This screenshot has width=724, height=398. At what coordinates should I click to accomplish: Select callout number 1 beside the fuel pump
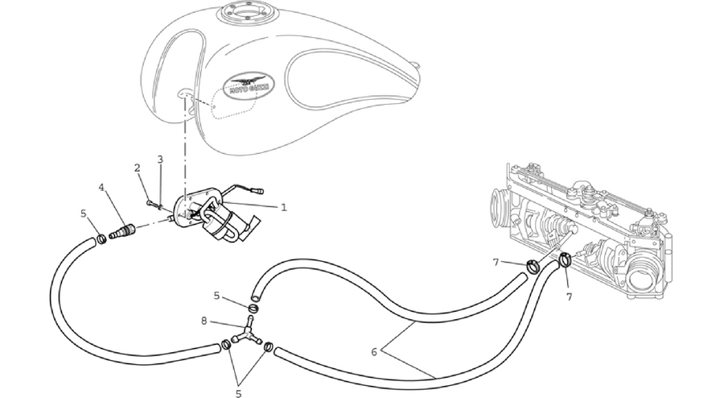click(283, 208)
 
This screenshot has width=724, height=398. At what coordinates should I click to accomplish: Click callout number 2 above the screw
click(137, 168)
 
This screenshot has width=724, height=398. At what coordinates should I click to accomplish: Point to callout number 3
click(160, 160)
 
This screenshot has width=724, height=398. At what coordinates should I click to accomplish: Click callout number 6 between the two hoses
click(374, 352)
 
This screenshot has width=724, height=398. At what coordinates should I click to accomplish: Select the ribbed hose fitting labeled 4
click(122, 231)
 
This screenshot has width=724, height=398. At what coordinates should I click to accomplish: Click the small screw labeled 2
click(151, 202)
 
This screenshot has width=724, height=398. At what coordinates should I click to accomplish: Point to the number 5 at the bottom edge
click(239, 393)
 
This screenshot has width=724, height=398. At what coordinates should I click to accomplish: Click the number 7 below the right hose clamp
click(569, 297)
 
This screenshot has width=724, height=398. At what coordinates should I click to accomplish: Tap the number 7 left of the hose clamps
click(496, 263)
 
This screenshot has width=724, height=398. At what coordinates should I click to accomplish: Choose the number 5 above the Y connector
click(216, 296)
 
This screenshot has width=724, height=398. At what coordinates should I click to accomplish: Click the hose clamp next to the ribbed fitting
click(101, 239)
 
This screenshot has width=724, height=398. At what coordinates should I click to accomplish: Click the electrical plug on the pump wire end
click(257, 190)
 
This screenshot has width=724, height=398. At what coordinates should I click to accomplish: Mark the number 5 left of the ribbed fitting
click(83, 214)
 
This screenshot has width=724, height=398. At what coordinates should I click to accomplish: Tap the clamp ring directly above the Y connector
click(253, 309)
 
